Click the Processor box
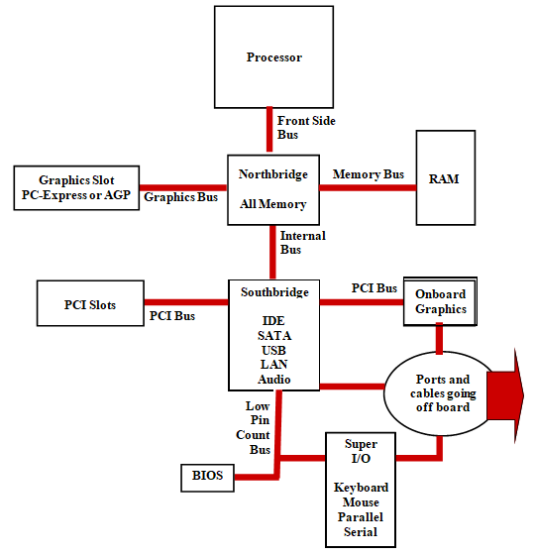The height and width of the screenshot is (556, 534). coord(273,57)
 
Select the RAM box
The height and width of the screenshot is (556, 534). coord(446,177)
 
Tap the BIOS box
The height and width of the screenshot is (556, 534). coord(207,478)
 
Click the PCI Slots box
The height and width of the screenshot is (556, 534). coord(90,303)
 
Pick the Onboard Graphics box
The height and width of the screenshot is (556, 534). coord(440,301)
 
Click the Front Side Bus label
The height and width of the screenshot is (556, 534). coord(306,128)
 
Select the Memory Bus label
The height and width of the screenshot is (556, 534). coord(369,174)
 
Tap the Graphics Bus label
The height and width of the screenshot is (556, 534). coord(180,197)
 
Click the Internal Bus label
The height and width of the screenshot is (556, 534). coord(303,243)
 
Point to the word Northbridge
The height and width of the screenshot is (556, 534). coord(273,174)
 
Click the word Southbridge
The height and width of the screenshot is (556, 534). coord(274,292)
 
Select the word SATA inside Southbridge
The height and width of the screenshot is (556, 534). coord(274,335)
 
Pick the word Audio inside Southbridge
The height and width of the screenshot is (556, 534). coord(274,380)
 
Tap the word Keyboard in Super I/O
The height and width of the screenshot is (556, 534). coord(361,488)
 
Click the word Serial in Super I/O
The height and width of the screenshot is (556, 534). coord(361,532)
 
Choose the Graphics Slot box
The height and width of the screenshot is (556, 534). coord(76,188)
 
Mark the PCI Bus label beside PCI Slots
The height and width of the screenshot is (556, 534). coord(172,316)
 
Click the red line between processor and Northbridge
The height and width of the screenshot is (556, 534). coord(269,130)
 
